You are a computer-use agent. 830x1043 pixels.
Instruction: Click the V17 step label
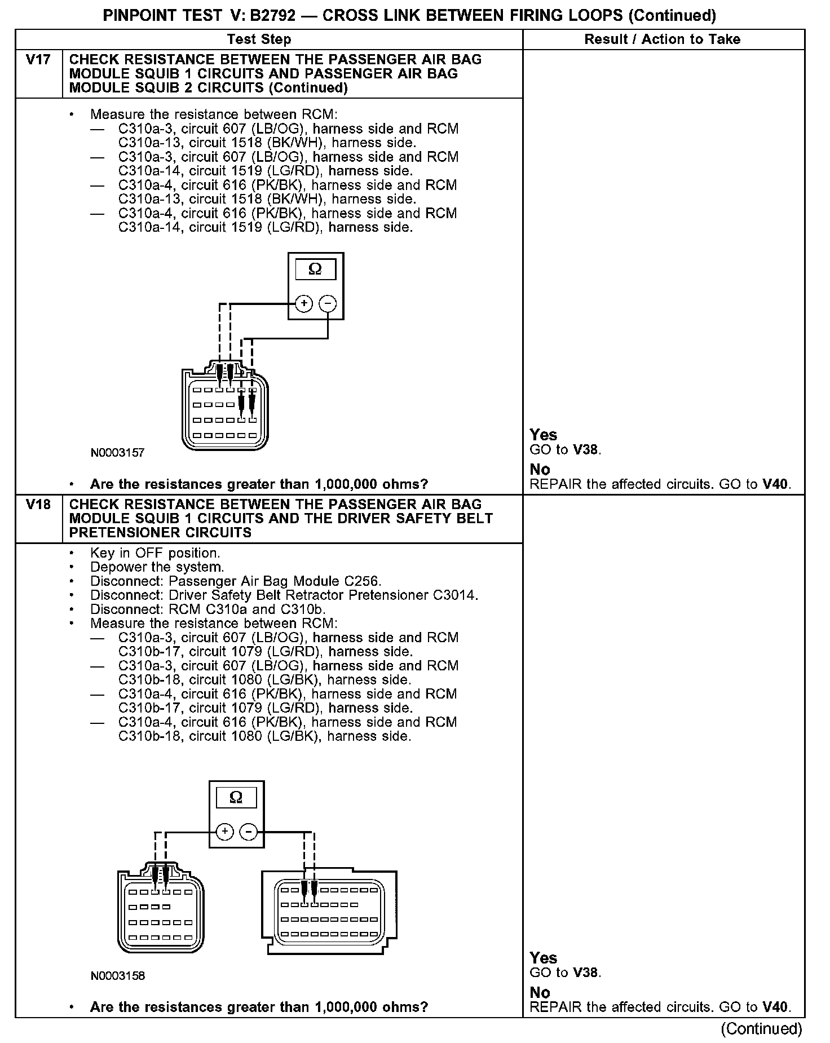(x=38, y=60)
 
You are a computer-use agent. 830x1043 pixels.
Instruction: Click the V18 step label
(x=38, y=505)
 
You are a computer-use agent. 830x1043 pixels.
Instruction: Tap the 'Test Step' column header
(x=259, y=39)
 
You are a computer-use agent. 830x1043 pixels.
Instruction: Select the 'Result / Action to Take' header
(x=663, y=39)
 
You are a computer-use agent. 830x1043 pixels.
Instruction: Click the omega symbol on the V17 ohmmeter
(x=315, y=269)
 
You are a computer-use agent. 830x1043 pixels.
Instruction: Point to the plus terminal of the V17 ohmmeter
(x=304, y=304)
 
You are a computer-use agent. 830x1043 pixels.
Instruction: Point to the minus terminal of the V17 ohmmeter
(x=328, y=304)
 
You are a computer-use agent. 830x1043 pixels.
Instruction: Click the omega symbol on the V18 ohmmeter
(x=236, y=797)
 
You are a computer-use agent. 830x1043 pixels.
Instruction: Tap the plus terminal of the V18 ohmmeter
(x=224, y=832)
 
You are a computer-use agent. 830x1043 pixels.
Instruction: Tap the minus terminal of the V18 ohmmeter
(x=249, y=832)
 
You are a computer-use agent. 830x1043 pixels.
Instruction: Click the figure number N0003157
(x=117, y=453)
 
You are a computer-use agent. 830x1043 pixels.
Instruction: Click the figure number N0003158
(x=117, y=975)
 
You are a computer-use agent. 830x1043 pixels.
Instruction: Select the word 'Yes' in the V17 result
(x=543, y=435)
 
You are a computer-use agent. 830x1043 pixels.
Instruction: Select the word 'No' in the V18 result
(x=540, y=992)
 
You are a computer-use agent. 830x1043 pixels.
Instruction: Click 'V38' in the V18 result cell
(x=586, y=973)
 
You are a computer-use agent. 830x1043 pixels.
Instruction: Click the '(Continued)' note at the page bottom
(x=761, y=1028)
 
